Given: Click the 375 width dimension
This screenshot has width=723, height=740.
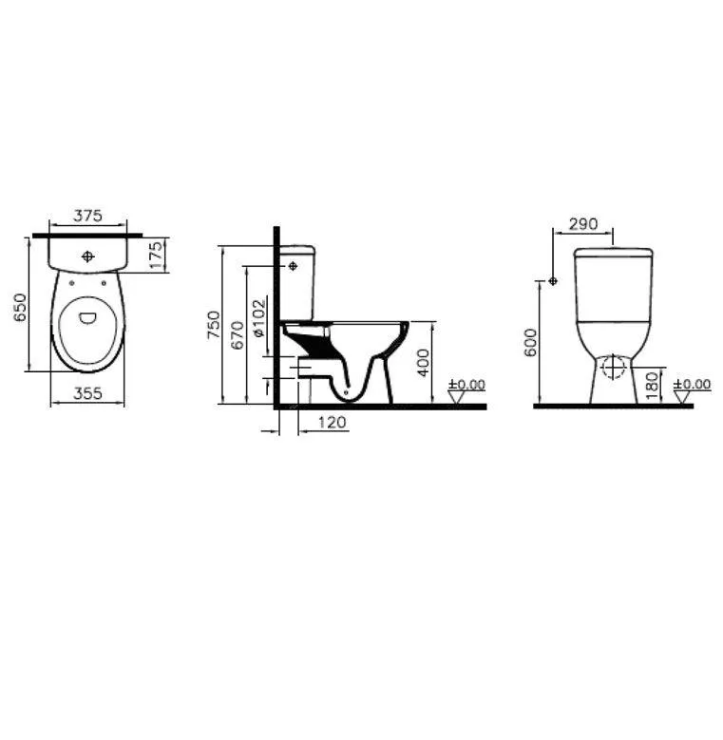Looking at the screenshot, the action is [x=87, y=216].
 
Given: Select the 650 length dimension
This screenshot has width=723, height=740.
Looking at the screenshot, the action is [x=20, y=307].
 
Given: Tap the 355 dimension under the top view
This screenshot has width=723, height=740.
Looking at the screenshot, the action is [x=87, y=393].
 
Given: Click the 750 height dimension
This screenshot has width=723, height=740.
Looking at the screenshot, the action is [x=214, y=324].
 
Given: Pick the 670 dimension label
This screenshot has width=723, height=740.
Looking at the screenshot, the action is [x=238, y=335].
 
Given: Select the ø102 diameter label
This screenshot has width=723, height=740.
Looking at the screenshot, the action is [x=259, y=317].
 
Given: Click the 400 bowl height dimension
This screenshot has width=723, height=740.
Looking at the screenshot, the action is [x=424, y=363].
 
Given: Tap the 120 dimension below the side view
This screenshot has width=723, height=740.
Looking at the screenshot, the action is [x=332, y=422].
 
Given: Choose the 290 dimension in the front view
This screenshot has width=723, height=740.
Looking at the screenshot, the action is [x=583, y=223].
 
